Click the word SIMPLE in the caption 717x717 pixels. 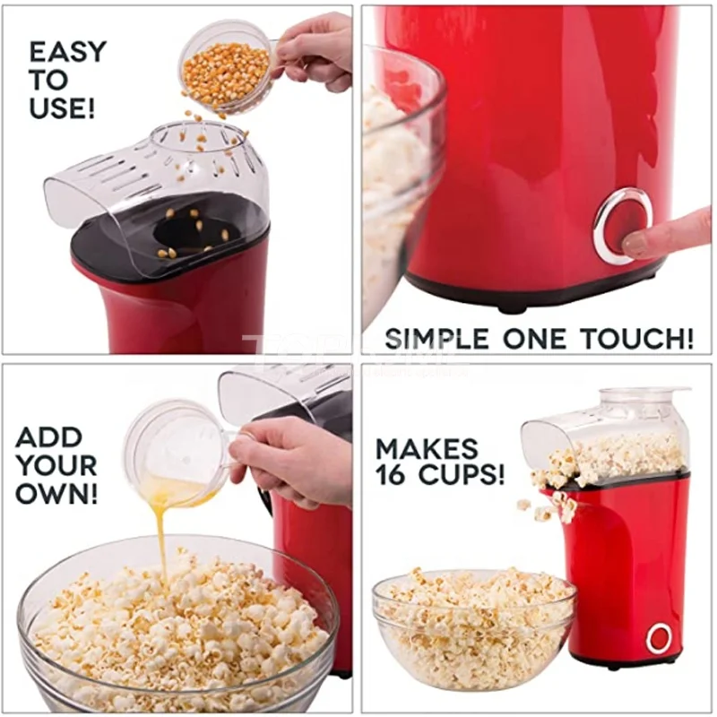(435, 339)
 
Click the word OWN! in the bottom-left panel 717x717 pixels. (56, 494)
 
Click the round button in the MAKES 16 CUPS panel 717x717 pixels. (659, 638)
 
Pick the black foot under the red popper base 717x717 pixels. (512, 305)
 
